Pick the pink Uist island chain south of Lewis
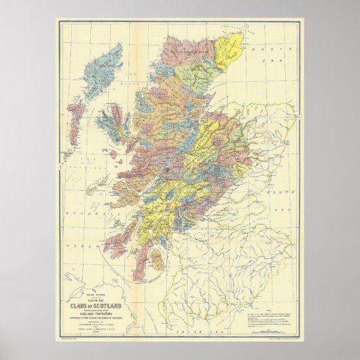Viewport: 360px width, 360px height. tap(77, 109)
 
